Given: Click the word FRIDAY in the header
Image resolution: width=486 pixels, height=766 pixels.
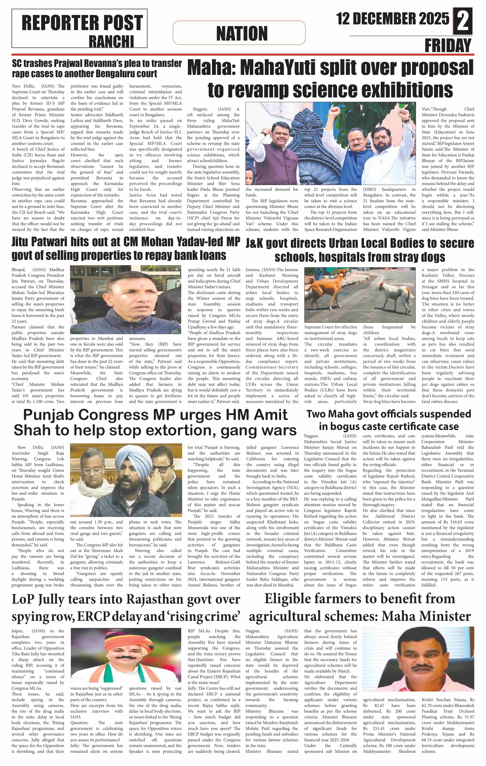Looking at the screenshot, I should [447, 46].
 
